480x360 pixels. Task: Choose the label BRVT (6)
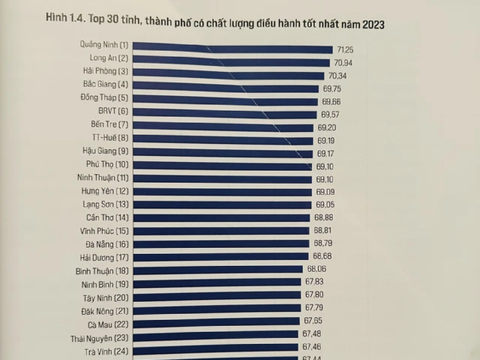tap(113, 111)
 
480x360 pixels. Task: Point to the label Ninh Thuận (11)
tap(103, 178)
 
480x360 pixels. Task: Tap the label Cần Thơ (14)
tap(107, 217)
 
